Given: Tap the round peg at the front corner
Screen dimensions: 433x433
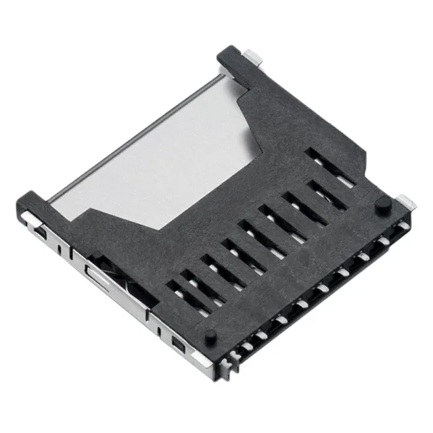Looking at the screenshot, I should click(210, 335).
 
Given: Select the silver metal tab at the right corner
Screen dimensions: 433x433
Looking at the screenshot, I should click(405, 201).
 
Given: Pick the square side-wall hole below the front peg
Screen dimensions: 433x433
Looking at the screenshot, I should click(179, 346).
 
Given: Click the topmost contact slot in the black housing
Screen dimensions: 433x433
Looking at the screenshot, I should click(331, 166).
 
